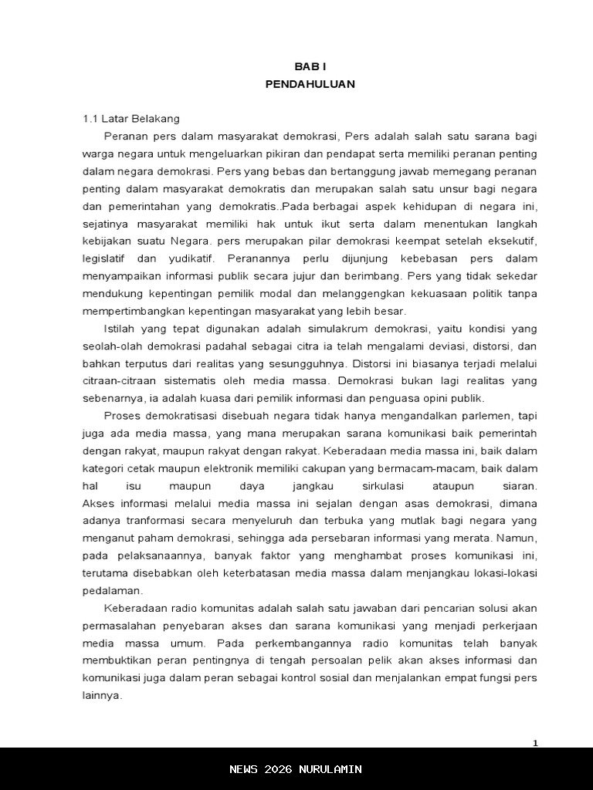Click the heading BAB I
point(310,67)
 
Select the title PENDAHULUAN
point(310,84)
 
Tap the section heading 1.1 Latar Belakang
point(131,119)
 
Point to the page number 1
point(535,743)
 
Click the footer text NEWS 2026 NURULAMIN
point(296,769)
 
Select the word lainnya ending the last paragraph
point(102,695)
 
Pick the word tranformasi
point(154,521)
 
